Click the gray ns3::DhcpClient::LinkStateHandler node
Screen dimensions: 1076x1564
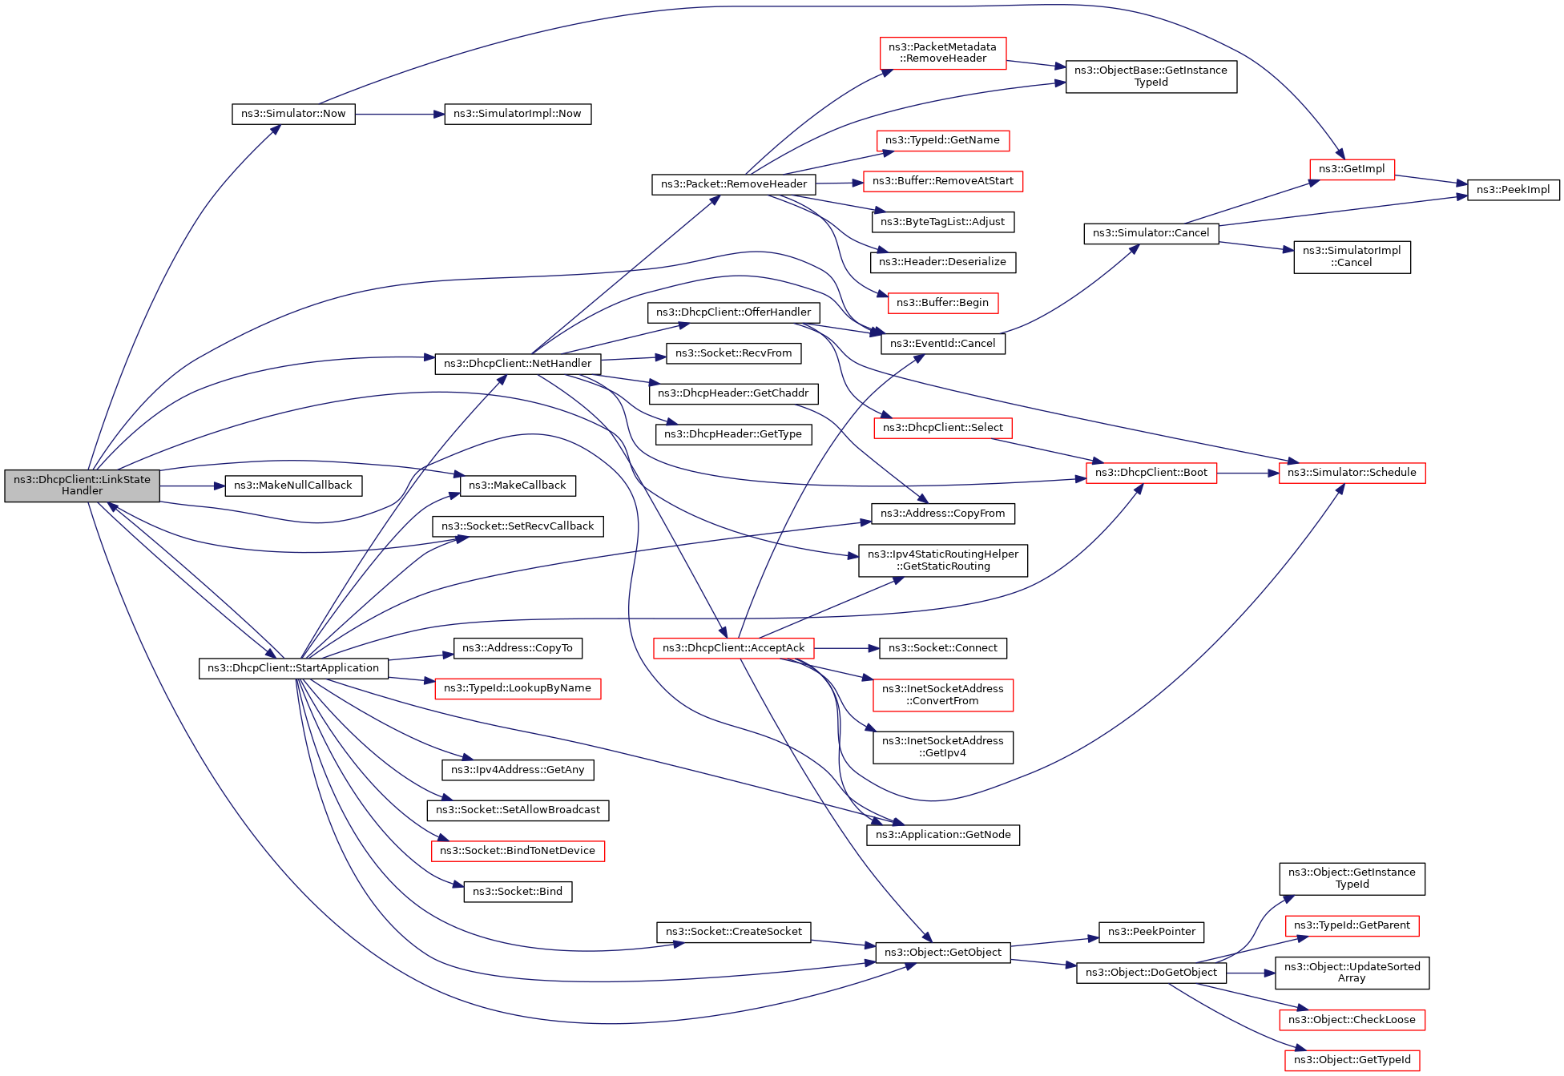coord(82,486)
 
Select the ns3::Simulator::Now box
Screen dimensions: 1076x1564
coord(293,114)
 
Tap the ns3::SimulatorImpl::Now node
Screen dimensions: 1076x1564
coord(518,114)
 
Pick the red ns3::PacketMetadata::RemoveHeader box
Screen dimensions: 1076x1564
coord(942,53)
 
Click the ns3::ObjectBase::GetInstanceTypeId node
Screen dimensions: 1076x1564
coord(1151,76)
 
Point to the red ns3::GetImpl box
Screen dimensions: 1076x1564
coord(1352,169)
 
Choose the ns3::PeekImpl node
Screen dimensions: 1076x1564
coord(1513,190)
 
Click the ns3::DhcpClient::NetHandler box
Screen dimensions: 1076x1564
coord(518,364)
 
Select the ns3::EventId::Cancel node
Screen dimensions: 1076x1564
coord(942,344)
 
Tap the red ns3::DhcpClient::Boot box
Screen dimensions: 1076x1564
coord(1151,473)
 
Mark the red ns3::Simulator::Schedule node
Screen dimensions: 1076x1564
coord(1352,473)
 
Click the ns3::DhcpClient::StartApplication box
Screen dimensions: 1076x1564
coord(293,668)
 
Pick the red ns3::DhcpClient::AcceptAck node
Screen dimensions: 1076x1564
coord(733,648)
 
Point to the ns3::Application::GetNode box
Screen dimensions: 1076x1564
coord(942,835)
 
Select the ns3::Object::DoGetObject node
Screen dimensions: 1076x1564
coord(1151,973)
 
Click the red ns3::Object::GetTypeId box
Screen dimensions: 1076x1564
coord(1352,1060)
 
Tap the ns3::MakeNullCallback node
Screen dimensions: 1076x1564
coord(293,486)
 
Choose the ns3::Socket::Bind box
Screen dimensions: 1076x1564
coord(518,892)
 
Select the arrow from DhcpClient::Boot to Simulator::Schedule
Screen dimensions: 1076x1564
coord(1247,474)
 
